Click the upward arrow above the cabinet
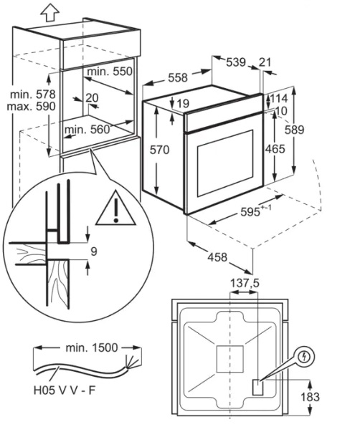[x=50, y=12]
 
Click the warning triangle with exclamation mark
[x=115, y=208]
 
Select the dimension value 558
[x=178, y=77]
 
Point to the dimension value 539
[x=235, y=62]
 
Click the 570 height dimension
[x=160, y=150]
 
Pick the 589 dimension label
[x=294, y=130]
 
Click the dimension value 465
[x=275, y=149]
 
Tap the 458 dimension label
[x=217, y=257]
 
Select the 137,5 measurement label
[x=245, y=284]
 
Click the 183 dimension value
[x=310, y=397]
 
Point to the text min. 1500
[x=92, y=348]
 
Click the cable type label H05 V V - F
[x=65, y=390]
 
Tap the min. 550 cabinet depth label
[x=110, y=72]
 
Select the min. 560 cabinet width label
[x=87, y=130]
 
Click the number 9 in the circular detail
[x=94, y=251]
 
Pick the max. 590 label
[x=32, y=107]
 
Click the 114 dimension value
[x=278, y=99]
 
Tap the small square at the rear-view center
[x=230, y=359]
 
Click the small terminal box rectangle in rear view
[x=257, y=388]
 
